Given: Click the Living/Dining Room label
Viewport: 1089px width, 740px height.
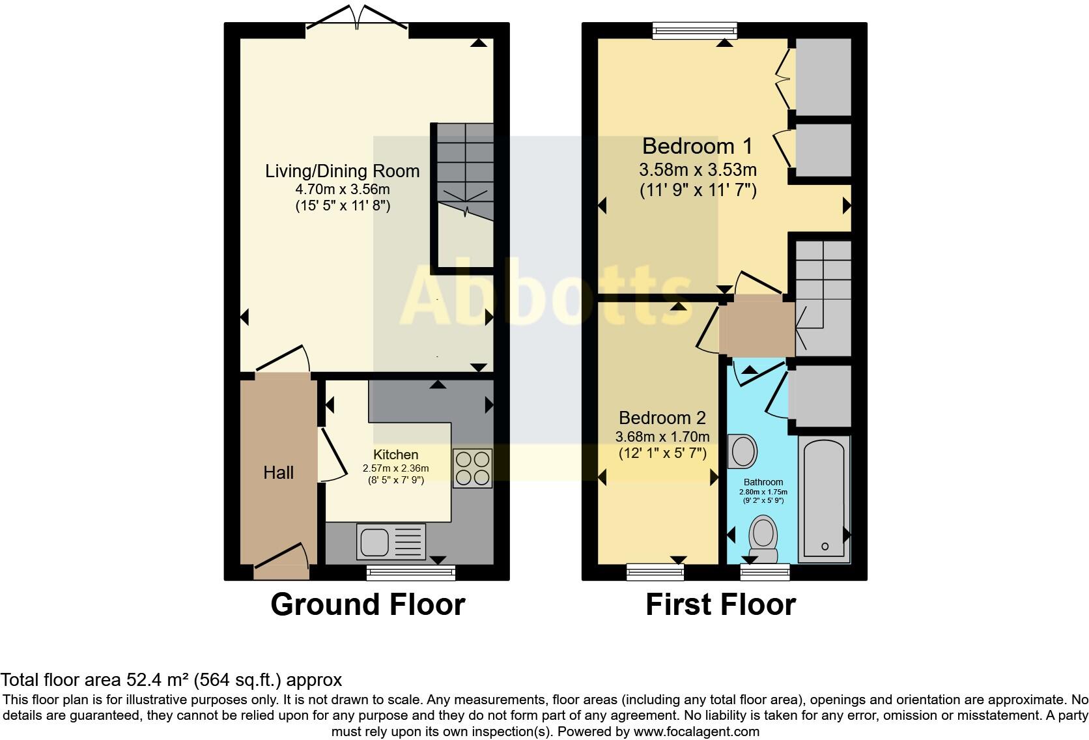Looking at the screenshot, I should click(342, 171).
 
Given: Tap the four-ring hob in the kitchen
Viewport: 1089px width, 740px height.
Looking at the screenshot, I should click(473, 468).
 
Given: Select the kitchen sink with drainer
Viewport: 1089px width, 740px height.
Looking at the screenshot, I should click(391, 542).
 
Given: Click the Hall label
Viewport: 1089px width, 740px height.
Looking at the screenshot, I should click(278, 472).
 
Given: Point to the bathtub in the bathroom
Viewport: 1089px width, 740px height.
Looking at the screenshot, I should click(824, 500).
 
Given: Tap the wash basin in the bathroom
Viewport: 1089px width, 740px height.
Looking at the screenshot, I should click(742, 451).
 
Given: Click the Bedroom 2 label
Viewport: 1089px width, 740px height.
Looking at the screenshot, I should click(662, 418).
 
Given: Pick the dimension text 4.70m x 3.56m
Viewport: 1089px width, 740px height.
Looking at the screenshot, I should click(342, 190).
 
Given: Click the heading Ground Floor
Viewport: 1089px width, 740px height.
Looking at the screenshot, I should click(367, 605).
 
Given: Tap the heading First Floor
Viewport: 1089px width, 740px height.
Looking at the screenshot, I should click(720, 605).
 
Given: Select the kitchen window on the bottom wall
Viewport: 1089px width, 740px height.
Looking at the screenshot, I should click(410, 573).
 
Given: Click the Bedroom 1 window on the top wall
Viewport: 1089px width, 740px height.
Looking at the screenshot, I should click(695, 29).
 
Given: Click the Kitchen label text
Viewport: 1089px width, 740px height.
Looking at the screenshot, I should click(395, 455).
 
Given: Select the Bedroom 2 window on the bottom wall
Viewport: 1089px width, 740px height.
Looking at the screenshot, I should click(655, 573).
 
